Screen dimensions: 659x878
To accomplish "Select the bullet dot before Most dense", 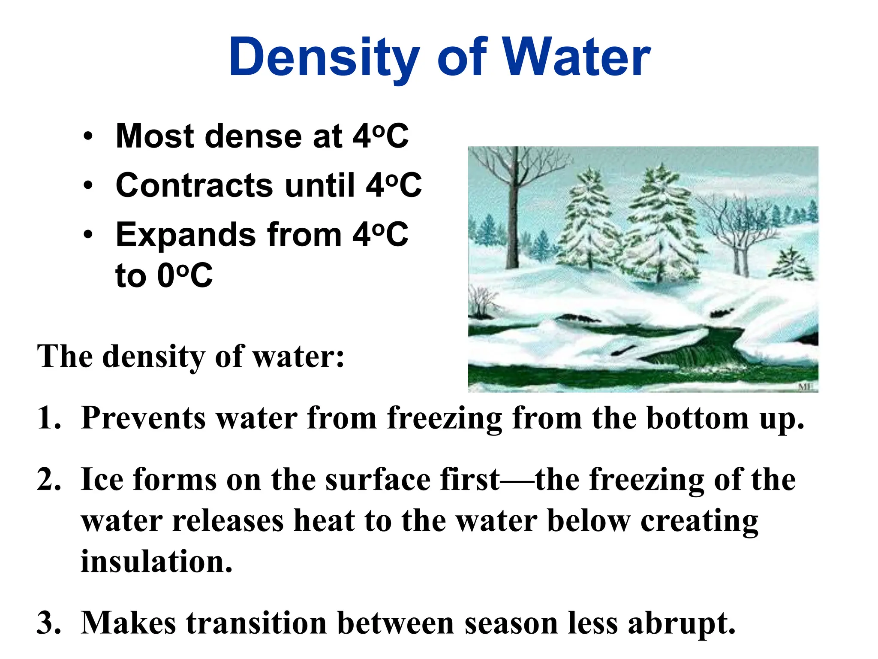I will pos(88,137).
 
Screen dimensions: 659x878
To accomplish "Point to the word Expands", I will pos(186,235).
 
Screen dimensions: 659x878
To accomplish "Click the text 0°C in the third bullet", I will pos(185,275).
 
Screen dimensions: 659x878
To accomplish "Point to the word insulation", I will pos(156,562).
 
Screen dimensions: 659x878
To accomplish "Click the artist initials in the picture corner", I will pos(805,387).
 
